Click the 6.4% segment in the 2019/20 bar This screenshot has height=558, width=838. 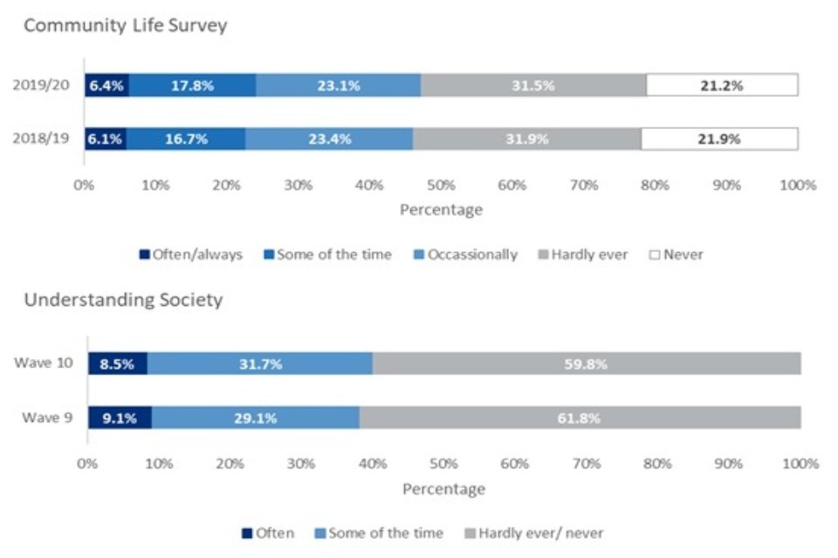(106, 85)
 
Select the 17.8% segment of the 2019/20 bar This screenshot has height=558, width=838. (192, 85)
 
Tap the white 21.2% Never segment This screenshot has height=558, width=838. (722, 85)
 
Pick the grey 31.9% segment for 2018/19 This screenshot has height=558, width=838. (526, 139)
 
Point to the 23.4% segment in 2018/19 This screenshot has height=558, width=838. (329, 139)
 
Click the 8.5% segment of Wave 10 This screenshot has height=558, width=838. (117, 364)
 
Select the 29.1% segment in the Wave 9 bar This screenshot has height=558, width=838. (255, 418)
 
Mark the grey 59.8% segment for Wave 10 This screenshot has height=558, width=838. (587, 364)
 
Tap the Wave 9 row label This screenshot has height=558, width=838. (48, 418)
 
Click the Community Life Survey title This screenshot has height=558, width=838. (125, 25)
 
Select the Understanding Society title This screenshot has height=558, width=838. (123, 300)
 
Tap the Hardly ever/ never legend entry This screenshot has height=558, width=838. (533, 533)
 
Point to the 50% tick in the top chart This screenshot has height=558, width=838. (441, 186)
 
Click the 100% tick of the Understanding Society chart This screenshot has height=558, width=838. (800, 465)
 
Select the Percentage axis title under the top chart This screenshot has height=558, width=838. (441, 210)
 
